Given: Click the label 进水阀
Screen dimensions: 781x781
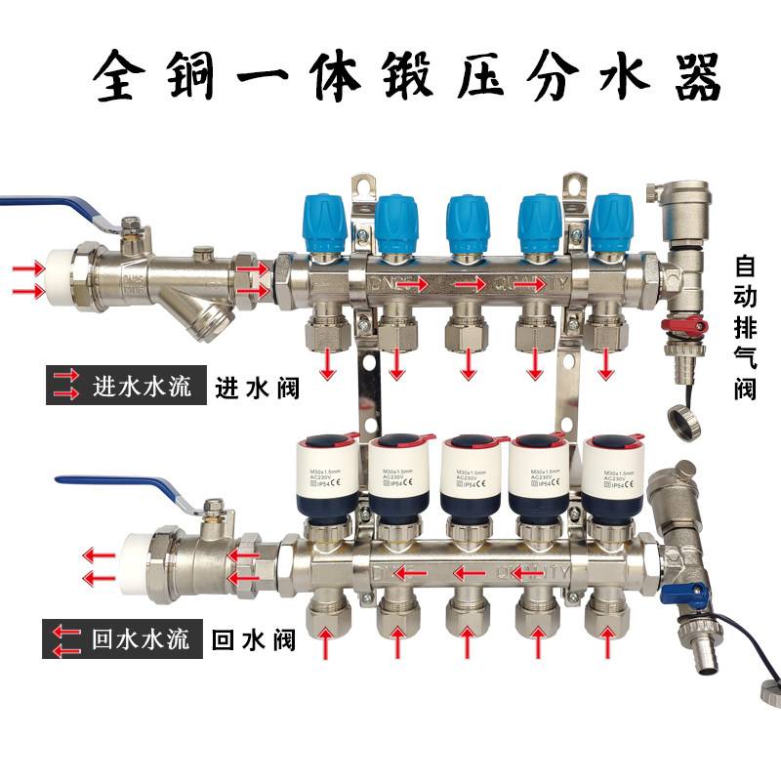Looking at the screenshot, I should [257, 388].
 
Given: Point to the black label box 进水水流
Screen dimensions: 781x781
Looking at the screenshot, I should [124, 386].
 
